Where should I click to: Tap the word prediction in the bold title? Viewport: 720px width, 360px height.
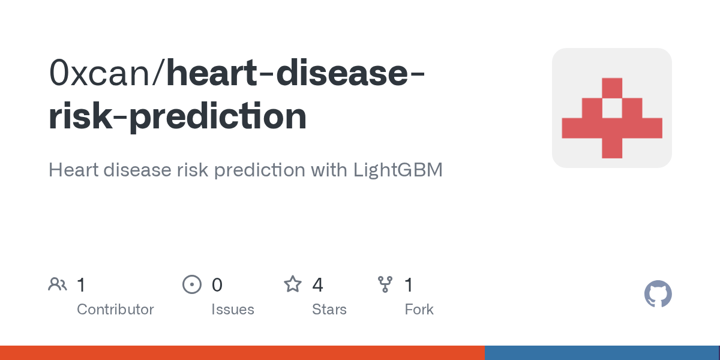point(217,116)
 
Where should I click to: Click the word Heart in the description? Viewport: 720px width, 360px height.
point(75,170)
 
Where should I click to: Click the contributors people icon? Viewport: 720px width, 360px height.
point(58,284)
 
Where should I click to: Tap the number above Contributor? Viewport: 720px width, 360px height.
point(81,285)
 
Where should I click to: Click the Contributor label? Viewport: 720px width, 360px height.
point(115,310)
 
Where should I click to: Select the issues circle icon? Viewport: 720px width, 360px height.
point(191,284)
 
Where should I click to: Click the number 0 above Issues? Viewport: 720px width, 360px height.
point(217,285)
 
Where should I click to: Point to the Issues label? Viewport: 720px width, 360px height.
point(232,310)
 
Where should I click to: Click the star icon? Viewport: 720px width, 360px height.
point(292,284)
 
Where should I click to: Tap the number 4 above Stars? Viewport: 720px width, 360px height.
point(317,285)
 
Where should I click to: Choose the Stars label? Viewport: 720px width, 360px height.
point(329,310)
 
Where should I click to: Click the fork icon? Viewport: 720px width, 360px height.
point(385,284)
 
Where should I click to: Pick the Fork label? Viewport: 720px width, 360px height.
point(419,310)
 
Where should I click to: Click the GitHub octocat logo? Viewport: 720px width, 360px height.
point(658,295)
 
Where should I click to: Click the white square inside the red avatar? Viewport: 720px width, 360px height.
point(611,108)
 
